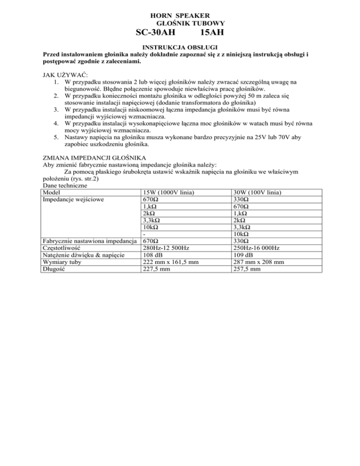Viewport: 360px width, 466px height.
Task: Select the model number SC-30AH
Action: pyautogui.click(x=152, y=33)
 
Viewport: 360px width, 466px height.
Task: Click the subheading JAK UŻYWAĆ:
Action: pyautogui.click(x=62, y=75)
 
